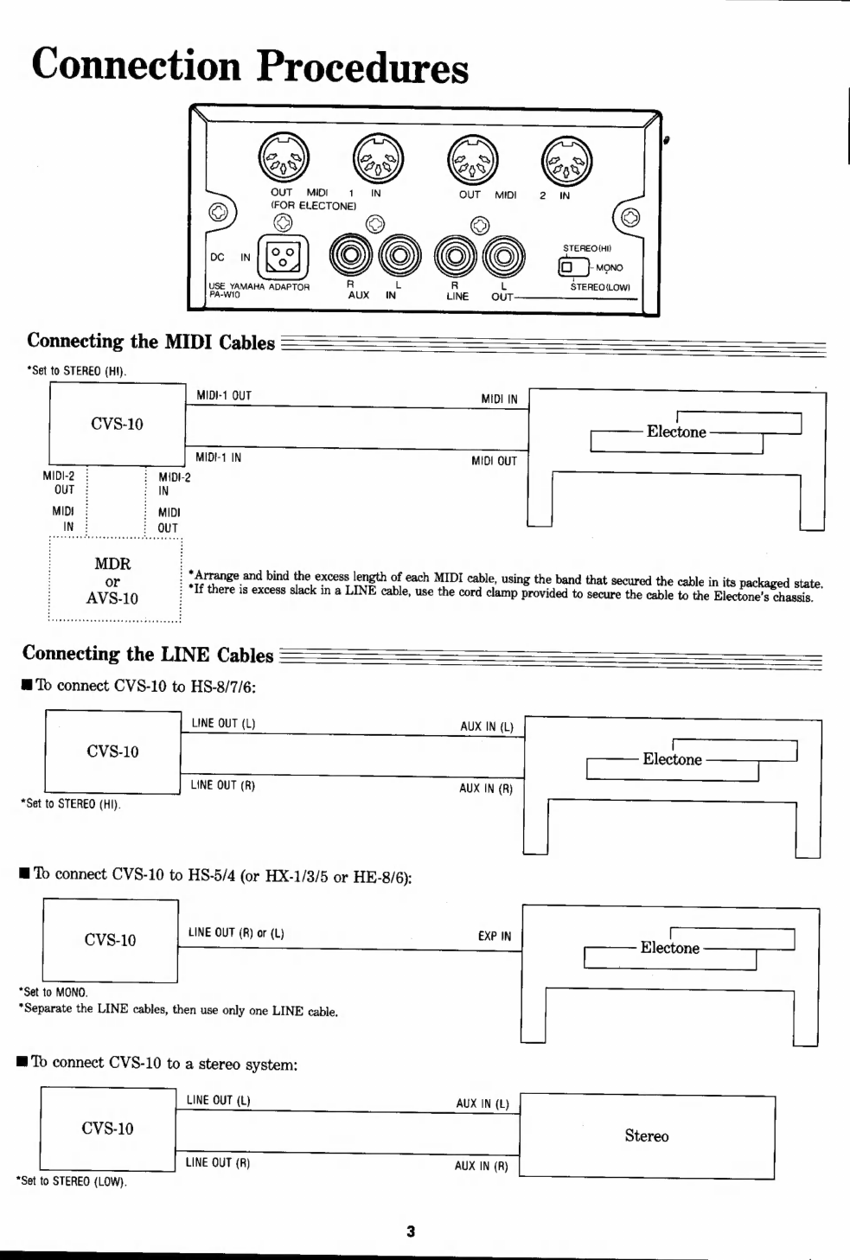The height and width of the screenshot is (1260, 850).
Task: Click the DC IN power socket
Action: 283,257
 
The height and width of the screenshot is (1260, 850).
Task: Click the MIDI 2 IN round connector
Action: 567,163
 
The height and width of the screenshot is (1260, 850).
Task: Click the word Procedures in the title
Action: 362,67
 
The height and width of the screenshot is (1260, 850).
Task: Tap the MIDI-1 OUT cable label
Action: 223,396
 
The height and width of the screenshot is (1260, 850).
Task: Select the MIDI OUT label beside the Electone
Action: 494,461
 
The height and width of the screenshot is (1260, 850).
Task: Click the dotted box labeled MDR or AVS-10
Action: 113,580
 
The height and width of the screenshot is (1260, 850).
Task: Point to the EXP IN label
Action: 494,936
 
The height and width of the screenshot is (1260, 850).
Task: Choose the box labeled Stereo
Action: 646,1135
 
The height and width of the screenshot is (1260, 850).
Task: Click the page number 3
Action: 411,1231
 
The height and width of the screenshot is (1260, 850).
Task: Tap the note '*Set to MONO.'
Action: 53,992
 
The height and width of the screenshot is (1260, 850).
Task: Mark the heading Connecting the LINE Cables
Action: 148,655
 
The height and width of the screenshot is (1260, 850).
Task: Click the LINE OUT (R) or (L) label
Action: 236,933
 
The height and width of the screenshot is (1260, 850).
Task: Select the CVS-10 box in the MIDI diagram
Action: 117,424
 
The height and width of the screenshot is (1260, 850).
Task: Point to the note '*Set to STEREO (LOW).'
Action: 72,1181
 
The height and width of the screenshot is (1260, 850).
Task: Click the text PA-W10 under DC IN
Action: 224,294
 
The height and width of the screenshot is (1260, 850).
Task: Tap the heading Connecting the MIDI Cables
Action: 150,342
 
